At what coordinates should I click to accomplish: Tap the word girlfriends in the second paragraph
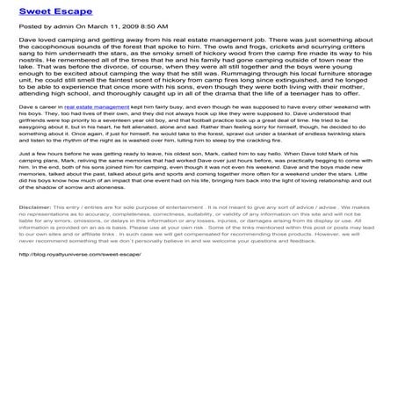36,144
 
